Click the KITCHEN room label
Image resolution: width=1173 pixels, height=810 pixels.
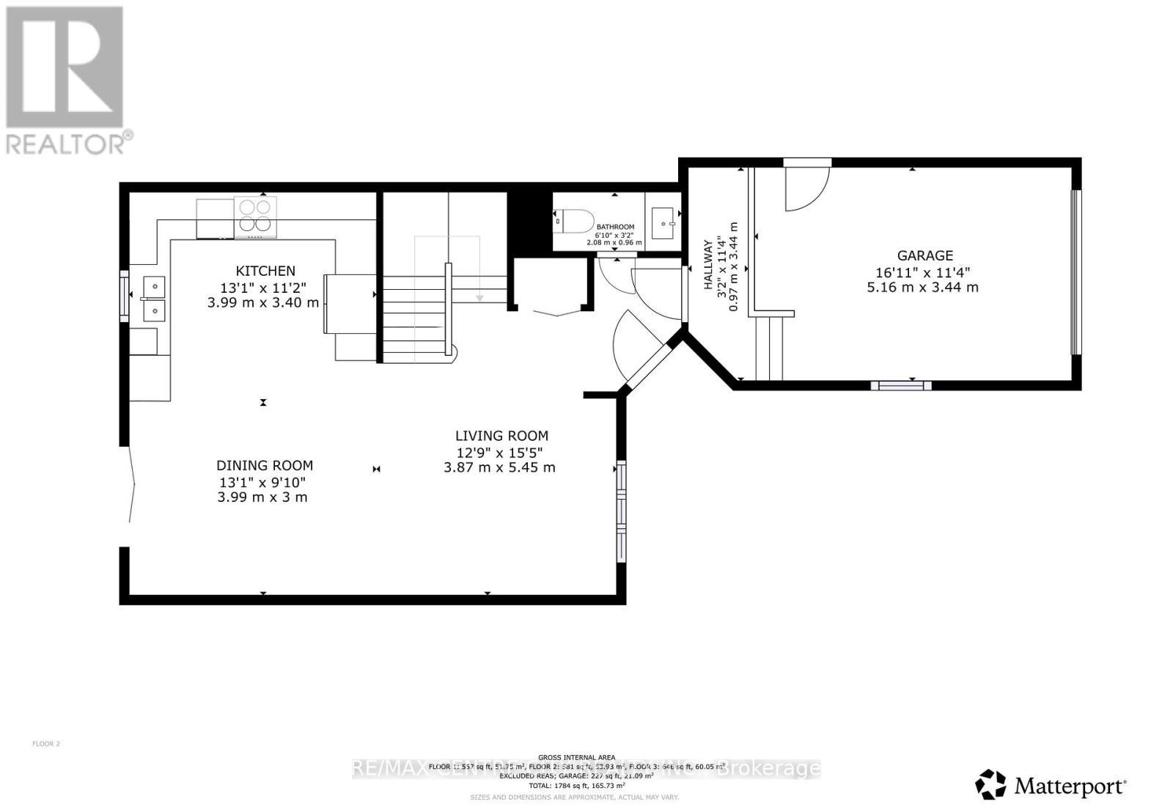pyautogui.click(x=265, y=271)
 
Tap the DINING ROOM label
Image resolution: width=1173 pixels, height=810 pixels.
pyautogui.click(x=265, y=465)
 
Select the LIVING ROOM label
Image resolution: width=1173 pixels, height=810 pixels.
pyautogui.click(x=501, y=435)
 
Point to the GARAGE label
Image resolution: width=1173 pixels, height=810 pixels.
pyautogui.click(x=924, y=255)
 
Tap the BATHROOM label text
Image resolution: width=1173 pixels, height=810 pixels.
pyautogui.click(x=615, y=227)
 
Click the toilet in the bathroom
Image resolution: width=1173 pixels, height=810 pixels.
pyautogui.click(x=576, y=220)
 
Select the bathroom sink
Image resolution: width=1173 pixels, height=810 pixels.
pyautogui.click(x=663, y=222)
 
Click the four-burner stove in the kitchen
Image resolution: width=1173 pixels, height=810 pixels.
pyautogui.click(x=255, y=216)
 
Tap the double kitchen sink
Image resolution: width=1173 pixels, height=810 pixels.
pyautogui.click(x=154, y=299)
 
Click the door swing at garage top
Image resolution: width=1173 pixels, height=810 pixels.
pyautogui.click(x=805, y=187)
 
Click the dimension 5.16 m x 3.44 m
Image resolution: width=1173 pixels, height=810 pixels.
pyautogui.click(x=922, y=287)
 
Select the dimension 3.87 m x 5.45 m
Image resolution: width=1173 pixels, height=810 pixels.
pyautogui.click(x=499, y=467)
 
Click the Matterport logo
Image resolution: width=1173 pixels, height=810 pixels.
pyautogui.click(x=1051, y=786)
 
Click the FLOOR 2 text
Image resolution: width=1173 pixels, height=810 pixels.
pyautogui.click(x=46, y=744)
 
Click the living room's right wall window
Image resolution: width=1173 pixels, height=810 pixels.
pyautogui.click(x=622, y=511)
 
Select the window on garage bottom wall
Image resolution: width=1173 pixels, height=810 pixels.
pyautogui.click(x=900, y=385)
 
